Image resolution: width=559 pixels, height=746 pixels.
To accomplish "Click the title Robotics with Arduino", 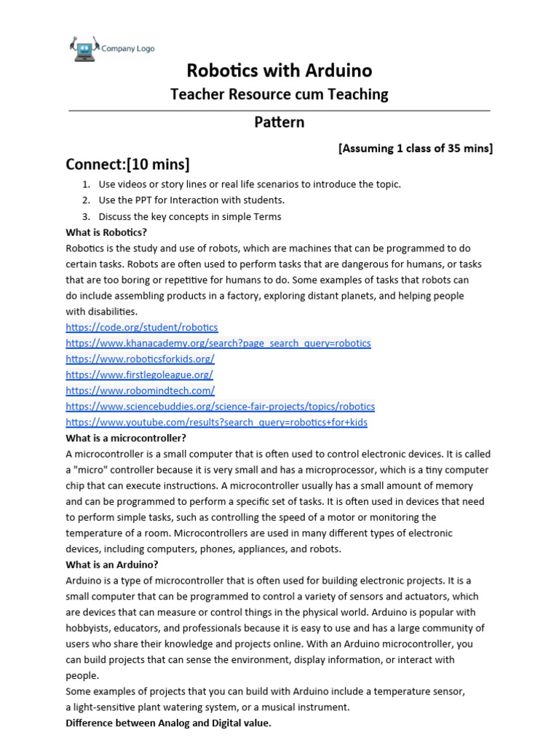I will (279, 71).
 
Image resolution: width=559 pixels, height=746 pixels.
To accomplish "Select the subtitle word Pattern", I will (279, 122).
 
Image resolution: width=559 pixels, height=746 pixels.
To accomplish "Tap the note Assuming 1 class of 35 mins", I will (416, 149).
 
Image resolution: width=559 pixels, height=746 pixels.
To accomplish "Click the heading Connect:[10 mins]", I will (127, 163).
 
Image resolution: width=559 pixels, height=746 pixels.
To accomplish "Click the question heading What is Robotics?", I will (106, 232).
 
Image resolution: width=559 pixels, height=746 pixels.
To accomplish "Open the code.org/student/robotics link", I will (141, 327).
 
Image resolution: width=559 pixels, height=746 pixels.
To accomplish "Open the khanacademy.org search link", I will (218, 343).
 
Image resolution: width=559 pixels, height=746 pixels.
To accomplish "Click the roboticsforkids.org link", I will (140, 359).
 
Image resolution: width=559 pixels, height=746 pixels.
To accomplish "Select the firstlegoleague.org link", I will (139, 374).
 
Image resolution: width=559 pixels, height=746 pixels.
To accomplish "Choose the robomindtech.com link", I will (140, 390).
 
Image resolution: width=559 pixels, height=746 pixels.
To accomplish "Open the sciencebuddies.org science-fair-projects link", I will (220, 407).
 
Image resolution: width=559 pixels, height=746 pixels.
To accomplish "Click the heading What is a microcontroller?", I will (126, 438).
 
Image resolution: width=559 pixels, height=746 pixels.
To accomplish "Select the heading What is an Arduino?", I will (112, 565).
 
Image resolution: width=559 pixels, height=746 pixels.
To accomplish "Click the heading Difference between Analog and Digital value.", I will (168, 723).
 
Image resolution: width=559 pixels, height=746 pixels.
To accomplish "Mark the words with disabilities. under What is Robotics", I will (101, 312).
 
